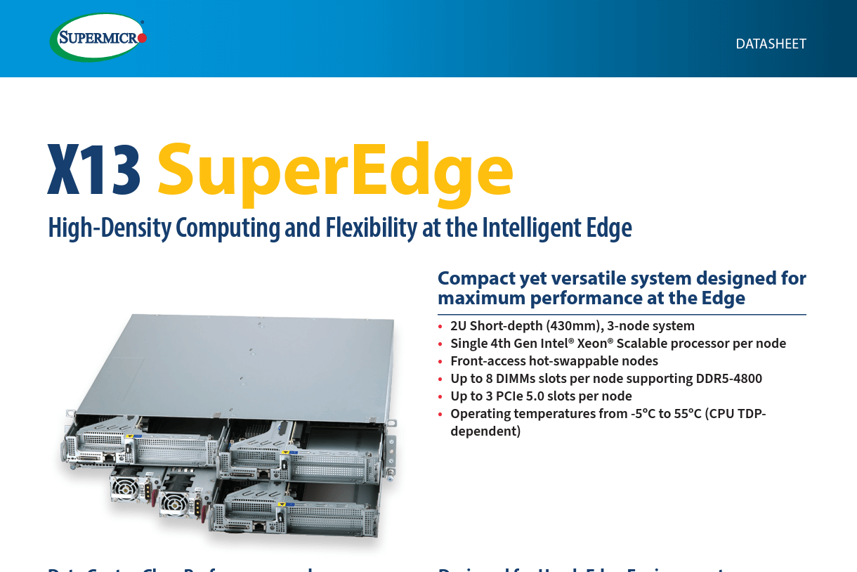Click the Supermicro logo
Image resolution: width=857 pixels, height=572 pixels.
pos(98,37)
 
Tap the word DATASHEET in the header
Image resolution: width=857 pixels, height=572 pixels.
pos(771,44)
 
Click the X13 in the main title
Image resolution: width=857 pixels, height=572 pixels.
pos(94,171)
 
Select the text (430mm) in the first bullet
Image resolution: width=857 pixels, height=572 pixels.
pos(574,326)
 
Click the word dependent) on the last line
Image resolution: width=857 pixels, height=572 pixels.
pos(485,431)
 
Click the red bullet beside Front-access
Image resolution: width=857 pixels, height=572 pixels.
pos(440,362)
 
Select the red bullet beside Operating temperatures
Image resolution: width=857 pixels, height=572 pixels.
pos(440,415)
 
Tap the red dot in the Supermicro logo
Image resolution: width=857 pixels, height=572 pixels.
pos(142,38)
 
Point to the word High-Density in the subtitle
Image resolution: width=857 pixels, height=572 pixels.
pos(109,228)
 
